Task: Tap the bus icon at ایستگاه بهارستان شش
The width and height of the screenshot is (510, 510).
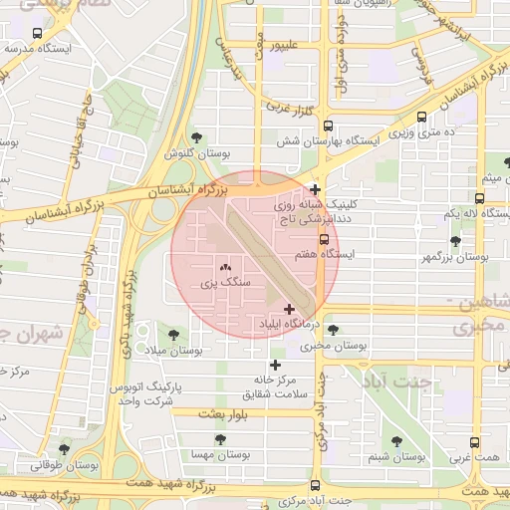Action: [x=329, y=126]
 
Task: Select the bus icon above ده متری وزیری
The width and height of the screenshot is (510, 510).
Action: [x=422, y=116]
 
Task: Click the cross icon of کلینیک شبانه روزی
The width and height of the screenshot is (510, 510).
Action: [x=315, y=189]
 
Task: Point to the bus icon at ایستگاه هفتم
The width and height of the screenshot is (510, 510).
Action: [x=324, y=239]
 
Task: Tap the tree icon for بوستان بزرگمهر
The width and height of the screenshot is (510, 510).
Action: [x=456, y=241]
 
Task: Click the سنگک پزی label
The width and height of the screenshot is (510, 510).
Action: [x=225, y=283]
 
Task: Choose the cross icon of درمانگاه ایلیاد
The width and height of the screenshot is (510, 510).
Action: [x=290, y=310]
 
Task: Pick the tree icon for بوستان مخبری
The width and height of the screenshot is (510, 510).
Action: [x=332, y=330]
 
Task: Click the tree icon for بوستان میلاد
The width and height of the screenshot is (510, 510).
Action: [x=174, y=335]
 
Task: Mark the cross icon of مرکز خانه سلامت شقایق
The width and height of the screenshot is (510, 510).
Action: [x=275, y=365]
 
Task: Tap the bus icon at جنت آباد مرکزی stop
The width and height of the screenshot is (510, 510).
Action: [x=316, y=485]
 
